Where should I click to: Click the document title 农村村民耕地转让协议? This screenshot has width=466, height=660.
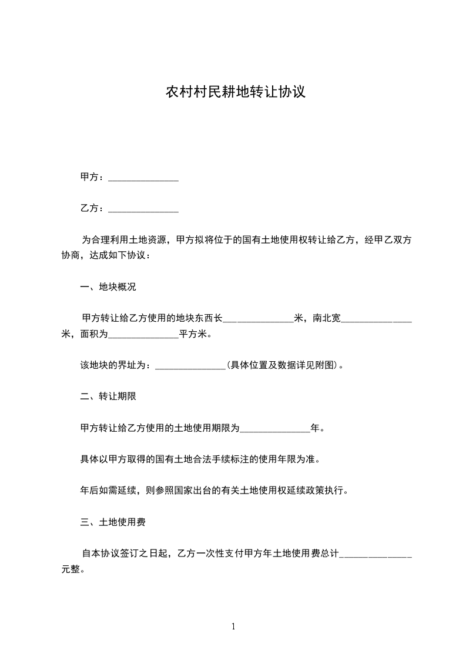235,92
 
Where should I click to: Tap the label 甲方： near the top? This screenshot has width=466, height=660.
93,176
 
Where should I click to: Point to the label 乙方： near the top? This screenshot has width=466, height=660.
93,208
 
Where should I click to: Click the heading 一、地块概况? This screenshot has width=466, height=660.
108,288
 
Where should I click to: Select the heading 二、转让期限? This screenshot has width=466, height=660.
108,396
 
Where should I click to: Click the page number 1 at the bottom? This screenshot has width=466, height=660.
233,627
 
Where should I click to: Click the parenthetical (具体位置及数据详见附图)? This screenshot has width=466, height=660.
282,365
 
